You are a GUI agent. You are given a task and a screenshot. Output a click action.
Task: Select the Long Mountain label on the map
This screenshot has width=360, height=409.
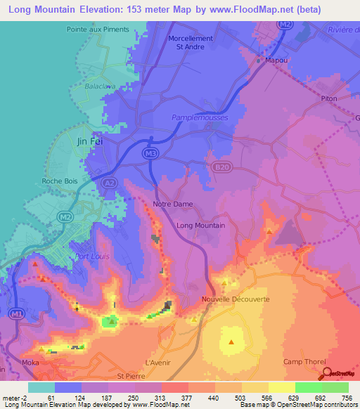[201, 226]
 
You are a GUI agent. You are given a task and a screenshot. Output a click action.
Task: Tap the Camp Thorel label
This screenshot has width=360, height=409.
[302, 362]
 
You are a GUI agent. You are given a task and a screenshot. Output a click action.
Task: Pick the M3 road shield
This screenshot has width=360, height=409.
[150, 152]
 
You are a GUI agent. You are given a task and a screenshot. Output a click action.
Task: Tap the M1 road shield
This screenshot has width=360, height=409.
[17, 312]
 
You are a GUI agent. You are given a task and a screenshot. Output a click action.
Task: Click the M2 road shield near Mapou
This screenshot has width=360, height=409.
[283, 25]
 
